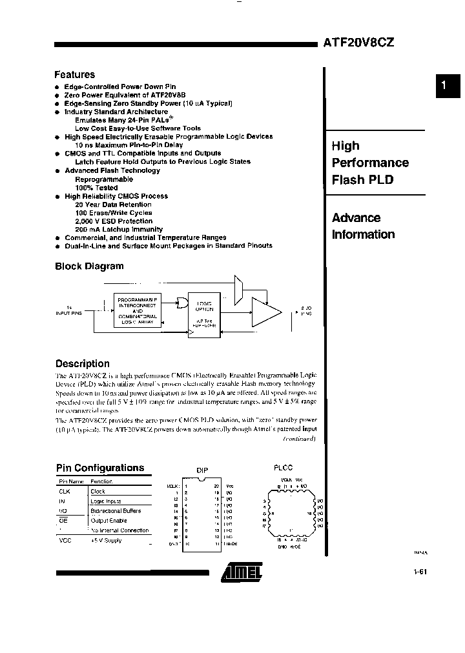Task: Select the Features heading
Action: click(x=74, y=75)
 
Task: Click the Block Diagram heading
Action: click(x=89, y=266)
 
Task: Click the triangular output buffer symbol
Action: click(x=265, y=312)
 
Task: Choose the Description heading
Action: click(x=82, y=363)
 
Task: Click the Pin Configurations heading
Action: click(x=99, y=468)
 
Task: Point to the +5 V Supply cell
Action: click(x=107, y=540)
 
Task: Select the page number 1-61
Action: click(x=420, y=571)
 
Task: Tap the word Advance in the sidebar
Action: click(x=356, y=218)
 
